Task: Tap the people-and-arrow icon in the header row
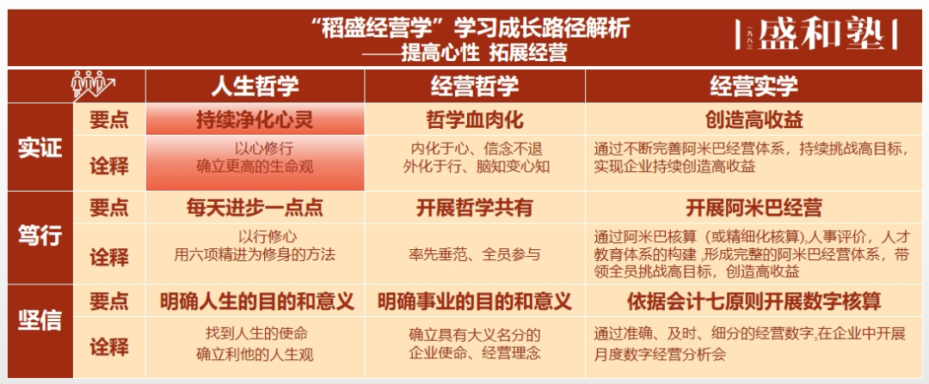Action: coord(94,85)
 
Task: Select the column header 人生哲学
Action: coord(255,86)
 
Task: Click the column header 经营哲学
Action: coord(474,86)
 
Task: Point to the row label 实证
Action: coord(40,147)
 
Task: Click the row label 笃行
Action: coord(40,235)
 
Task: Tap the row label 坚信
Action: coord(40,320)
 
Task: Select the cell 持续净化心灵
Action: coord(255,120)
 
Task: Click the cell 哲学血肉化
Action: coord(474,120)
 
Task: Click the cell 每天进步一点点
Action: coord(255,209)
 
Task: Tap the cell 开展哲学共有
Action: coord(474,209)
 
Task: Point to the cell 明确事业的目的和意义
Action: coord(474,302)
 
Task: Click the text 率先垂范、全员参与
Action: coord(474,254)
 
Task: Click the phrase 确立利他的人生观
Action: coord(255,353)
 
